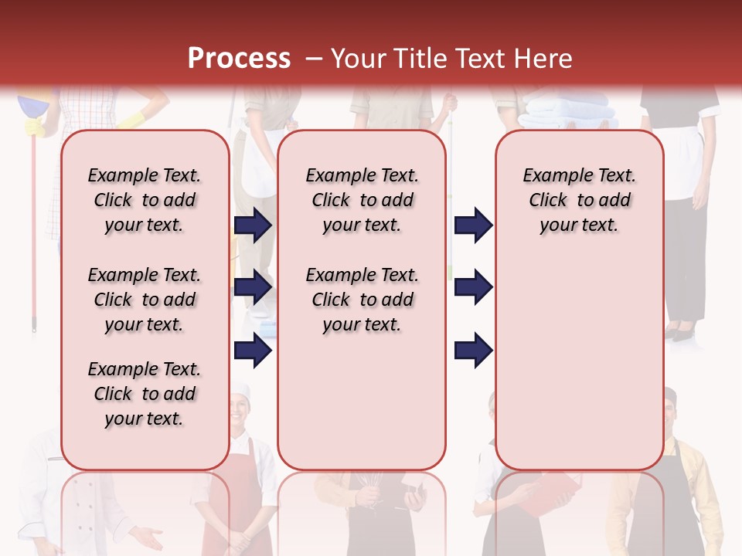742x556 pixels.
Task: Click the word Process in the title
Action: [238, 58]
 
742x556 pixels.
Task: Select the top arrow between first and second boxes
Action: [253, 225]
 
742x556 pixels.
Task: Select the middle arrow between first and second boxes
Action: [253, 287]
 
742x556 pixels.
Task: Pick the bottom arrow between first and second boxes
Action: [253, 351]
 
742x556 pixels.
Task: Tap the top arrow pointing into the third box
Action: [473, 225]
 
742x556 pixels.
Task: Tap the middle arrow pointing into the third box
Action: [473, 287]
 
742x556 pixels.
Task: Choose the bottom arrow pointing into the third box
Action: [473, 351]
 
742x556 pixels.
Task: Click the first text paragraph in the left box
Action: [145, 200]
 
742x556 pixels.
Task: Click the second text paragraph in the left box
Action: [145, 300]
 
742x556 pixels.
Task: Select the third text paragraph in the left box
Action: [145, 394]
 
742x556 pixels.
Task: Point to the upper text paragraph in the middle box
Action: [362, 200]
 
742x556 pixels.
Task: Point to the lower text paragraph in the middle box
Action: [362, 300]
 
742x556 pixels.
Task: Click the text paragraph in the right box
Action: [579, 200]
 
